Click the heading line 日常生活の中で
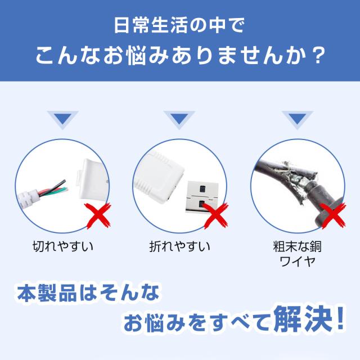pos(180,26)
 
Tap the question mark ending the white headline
pos(318,56)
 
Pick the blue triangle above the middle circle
pos(179,119)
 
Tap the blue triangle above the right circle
pos(298,119)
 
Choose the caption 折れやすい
pos(180,246)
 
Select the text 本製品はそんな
pos(88,294)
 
